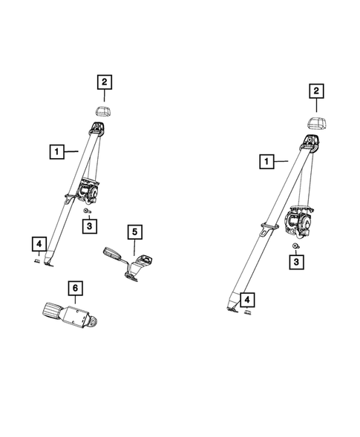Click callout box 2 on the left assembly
pyautogui.click(x=105, y=82)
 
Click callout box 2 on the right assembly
pyautogui.click(x=316, y=91)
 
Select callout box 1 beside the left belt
pyautogui.click(x=57, y=151)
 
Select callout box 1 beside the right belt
pyautogui.click(x=266, y=161)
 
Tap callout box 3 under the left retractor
pyautogui.click(x=90, y=226)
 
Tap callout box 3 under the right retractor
pyautogui.click(x=296, y=262)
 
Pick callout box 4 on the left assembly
pyautogui.click(x=39, y=244)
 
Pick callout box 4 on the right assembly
pyautogui.click(x=247, y=300)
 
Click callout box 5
pyautogui.click(x=134, y=231)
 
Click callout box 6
pyautogui.click(x=75, y=288)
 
